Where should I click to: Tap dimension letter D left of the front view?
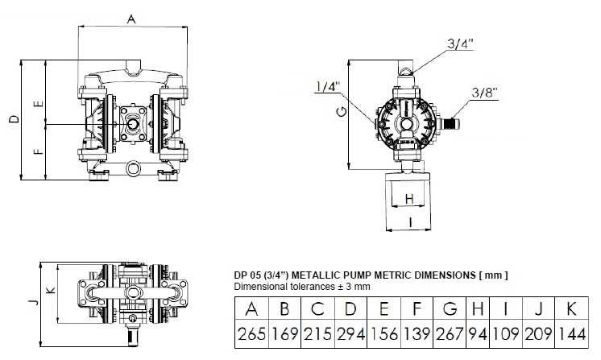tap(15, 120)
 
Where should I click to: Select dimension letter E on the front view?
tap(39, 104)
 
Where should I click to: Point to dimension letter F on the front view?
tap(39, 151)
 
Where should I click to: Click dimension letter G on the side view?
tap(342, 112)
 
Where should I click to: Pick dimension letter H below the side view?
tap(408, 198)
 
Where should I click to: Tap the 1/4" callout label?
tap(328, 85)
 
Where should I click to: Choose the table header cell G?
tap(450, 309)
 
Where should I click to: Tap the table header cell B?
tap(284, 309)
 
